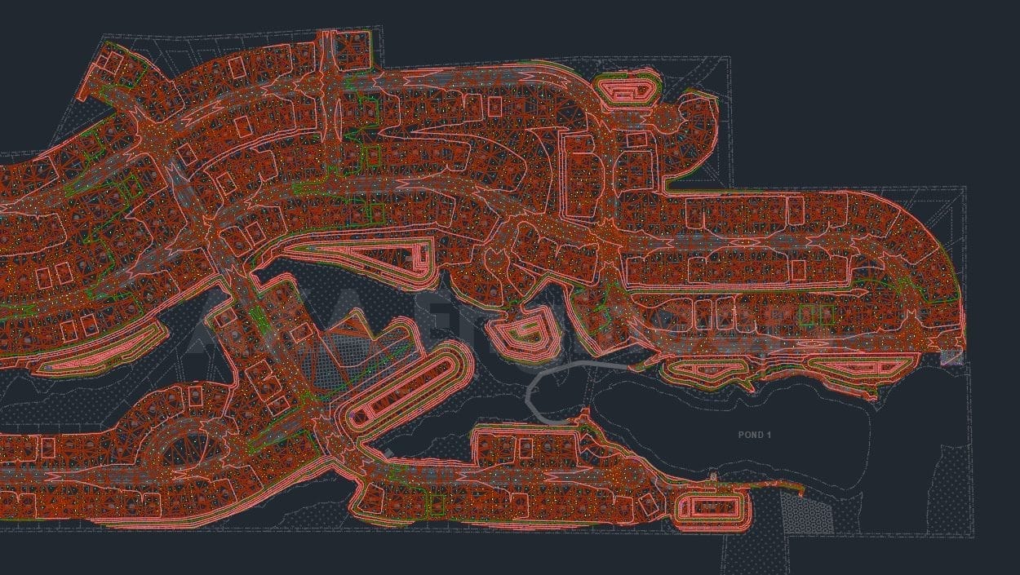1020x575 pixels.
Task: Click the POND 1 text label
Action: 754,435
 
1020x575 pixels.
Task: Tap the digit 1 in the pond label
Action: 769,435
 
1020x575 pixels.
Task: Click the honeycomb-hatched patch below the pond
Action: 803,514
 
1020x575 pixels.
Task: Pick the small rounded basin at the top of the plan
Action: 627,87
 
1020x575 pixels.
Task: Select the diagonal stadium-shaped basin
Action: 404,388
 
